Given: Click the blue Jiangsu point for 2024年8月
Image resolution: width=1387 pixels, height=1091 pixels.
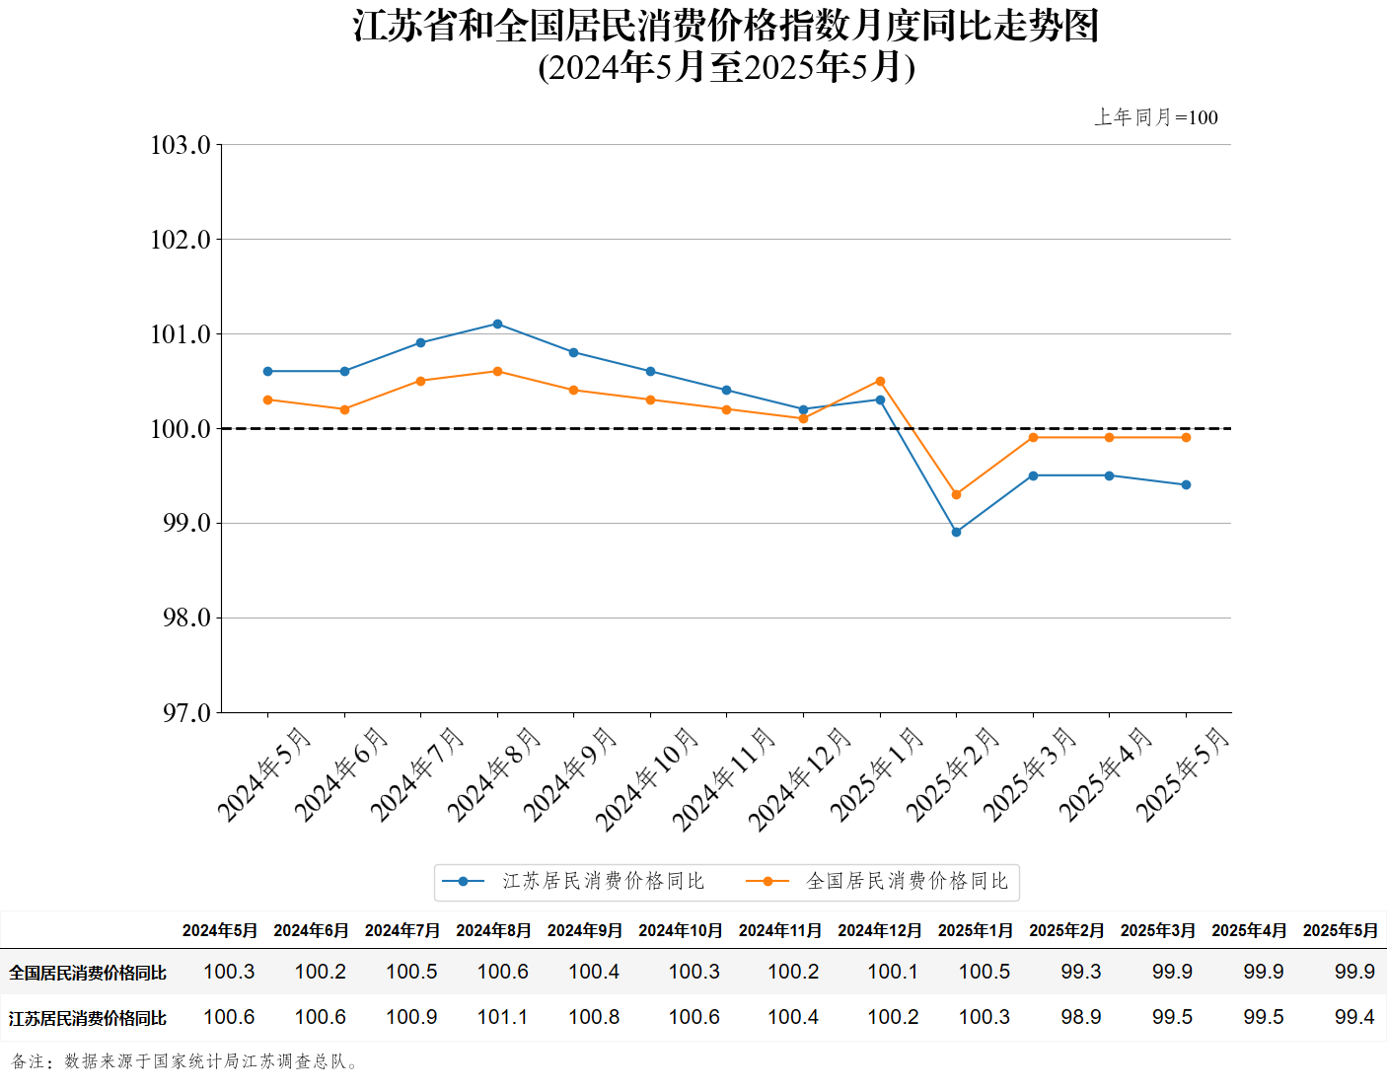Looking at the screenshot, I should click(x=497, y=324).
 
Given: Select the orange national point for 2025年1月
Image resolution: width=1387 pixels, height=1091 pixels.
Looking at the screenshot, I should click(x=880, y=381).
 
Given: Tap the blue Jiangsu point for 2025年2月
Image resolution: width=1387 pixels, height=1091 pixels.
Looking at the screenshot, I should click(x=956, y=532).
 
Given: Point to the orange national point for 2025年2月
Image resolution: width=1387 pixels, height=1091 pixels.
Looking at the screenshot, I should click(x=956, y=494).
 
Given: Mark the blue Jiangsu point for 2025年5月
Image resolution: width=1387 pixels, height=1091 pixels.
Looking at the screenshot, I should click(x=1186, y=484).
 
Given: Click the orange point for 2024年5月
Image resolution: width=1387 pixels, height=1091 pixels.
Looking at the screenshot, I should click(x=267, y=400).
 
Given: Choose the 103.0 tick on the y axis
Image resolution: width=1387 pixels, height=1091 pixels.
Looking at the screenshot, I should click(x=181, y=145).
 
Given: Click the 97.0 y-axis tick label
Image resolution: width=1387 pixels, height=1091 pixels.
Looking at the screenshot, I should click(x=186, y=712).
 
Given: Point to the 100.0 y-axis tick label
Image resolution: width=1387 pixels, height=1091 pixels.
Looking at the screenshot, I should click(x=181, y=429).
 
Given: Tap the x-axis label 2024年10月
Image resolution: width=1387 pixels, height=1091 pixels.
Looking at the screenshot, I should click(x=648, y=778).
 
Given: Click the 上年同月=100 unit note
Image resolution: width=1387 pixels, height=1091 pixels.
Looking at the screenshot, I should click(x=1156, y=117).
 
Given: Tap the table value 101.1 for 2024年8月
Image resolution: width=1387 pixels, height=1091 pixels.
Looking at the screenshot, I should click(x=502, y=1017).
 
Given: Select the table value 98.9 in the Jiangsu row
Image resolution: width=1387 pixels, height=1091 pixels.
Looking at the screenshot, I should click(x=1081, y=1017).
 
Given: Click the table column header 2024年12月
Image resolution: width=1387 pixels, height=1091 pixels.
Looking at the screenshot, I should click(x=879, y=930).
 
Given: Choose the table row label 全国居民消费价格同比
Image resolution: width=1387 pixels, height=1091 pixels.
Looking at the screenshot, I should click(x=88, y=973).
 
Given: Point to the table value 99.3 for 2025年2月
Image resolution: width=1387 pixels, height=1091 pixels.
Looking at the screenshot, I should click(x=1081, y=972).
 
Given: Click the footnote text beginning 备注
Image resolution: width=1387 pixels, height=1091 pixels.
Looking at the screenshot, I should click(x=185, y=1061).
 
